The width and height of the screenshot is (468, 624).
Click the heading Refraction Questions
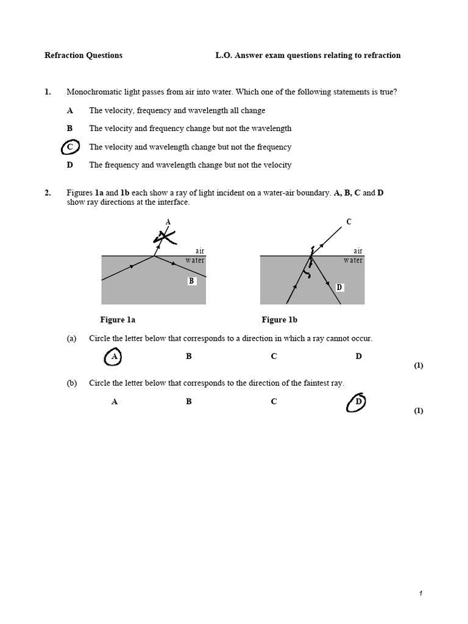pos(83,55)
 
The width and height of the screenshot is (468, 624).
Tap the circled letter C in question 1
pos(71,147)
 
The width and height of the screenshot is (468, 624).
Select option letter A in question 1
pos(70,111)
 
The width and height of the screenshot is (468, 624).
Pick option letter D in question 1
pos(70,165)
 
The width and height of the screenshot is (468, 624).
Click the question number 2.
pos(48,193)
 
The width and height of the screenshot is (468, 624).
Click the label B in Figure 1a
pos(191,281)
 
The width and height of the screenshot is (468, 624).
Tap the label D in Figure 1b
pos(339,287)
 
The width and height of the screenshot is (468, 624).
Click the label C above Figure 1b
pos(349,222)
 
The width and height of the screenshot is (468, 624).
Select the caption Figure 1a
pos(118,320)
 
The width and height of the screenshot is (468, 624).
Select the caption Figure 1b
pos(279,320)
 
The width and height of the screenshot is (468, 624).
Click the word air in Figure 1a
pos(199,251)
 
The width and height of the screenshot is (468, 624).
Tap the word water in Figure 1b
pos(353,260)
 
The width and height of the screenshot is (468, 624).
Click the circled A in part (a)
pos(113,357)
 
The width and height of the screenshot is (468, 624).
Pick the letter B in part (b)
pos(189,402)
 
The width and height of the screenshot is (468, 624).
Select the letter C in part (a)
pos(274,356)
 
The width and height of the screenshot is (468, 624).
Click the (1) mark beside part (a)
pos(419,366)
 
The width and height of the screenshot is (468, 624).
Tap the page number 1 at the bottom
pos(420,594)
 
